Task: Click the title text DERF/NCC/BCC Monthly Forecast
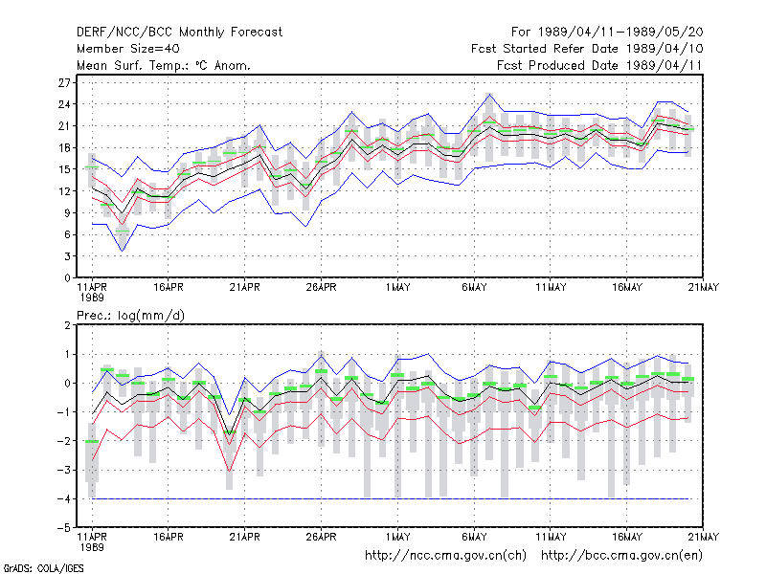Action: [179, 33]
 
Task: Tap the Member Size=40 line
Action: [128, 49]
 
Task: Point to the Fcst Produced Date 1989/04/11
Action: [599, 65]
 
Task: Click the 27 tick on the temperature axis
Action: [64, 82]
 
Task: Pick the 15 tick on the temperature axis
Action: [64, 169]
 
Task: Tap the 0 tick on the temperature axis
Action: [67, 277]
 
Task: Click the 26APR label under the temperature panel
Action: [321, 288]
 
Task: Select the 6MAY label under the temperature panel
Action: [474, 288]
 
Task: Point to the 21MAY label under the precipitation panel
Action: [703, 537]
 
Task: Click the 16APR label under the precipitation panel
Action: [169, 537]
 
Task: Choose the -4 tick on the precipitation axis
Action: [63, 498]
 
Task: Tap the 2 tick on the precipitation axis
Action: [67, 325]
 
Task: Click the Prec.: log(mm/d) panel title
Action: [130, 316]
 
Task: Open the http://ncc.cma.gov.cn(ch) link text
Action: [445, 556]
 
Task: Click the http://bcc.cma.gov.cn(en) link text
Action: [621, 556]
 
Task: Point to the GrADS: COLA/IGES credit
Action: [43, 568]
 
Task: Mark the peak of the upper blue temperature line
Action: [489, 94]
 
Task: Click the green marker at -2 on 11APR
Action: [92, 442]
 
